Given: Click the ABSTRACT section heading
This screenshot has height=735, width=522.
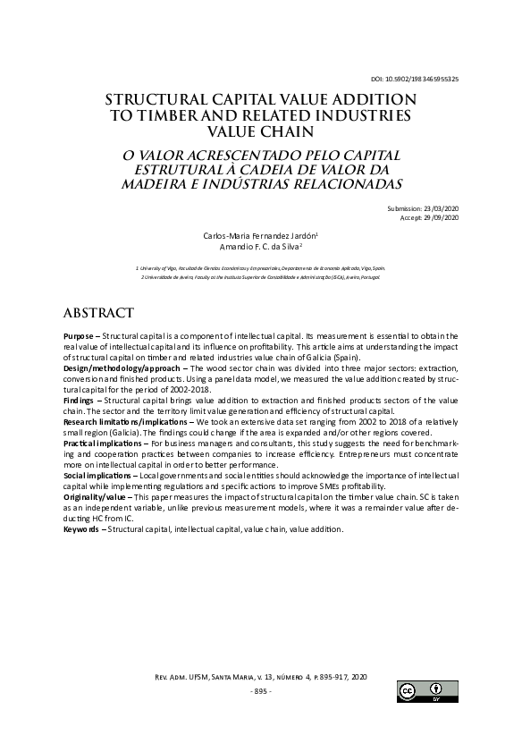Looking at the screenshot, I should [98, 313].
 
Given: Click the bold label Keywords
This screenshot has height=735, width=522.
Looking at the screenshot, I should [82, 528].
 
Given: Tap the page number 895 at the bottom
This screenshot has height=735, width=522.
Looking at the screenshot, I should [260, 691].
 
